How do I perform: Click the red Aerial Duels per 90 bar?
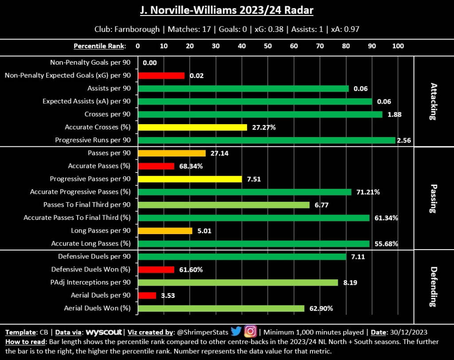coord(147,295)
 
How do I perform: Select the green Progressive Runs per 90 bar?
coord(266,140)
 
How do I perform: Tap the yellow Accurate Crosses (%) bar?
coord(192,127)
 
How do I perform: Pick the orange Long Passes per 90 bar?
coord(165,231)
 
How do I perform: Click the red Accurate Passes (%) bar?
coord(156,166)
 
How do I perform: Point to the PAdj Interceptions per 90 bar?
coord(238,282)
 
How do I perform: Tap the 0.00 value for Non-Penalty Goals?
coord(150,63)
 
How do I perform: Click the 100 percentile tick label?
coord(398,46)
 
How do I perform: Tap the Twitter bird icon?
coord(235,331)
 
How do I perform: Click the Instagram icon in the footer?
coord(250,331)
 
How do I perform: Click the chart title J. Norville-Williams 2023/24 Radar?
coord(227,10)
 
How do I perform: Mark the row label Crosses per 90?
coord(109,114)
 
